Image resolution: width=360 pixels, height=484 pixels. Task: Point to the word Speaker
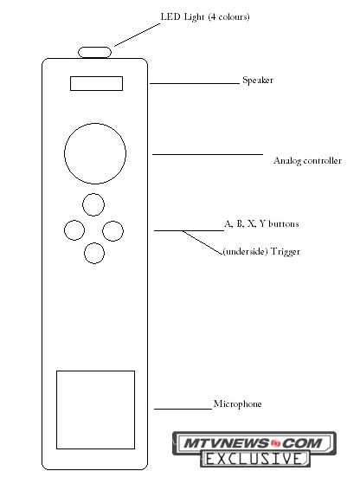point(258,81)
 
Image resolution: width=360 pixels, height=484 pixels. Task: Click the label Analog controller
point(307,161)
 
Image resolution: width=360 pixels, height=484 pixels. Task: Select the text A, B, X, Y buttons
point(261,223)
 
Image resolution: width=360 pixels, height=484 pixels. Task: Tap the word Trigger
point(286,252)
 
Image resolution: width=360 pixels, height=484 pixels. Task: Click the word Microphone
point(237,403)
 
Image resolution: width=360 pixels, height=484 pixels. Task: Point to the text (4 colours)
point(229,16)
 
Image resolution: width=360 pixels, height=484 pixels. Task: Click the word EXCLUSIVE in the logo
point(254,459)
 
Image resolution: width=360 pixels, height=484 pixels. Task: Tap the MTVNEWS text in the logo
point(226,443)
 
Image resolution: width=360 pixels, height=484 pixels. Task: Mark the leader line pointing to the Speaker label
point(195,83)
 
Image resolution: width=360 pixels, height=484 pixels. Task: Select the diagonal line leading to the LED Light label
point(138,35)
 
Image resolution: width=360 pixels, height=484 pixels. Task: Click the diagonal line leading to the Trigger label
point(202,242)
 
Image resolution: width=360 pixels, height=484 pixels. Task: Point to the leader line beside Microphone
point(183,409)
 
